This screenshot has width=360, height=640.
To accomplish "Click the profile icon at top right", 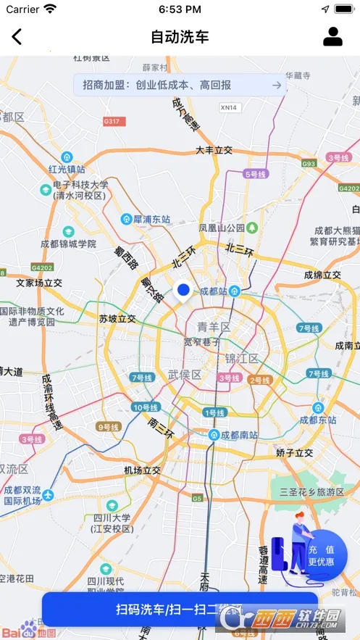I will tap(332, 36).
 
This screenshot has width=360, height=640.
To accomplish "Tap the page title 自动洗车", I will tap(180, 37).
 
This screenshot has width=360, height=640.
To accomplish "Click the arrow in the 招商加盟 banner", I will tap(276, 86).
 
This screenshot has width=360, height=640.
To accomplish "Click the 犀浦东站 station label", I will tap(150, 218).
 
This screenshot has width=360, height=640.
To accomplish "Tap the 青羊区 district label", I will tap(214, 327).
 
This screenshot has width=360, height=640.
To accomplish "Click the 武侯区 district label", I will tap(185, 374).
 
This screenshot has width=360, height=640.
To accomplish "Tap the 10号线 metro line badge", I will tap(145, 407).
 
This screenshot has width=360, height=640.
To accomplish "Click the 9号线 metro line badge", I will tap(108, 427).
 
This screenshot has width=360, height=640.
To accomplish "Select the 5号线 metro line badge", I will tap(256, 174).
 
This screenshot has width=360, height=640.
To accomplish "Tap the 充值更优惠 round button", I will tap(321, 556).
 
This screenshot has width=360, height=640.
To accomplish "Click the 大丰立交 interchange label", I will tap(214, 150).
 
